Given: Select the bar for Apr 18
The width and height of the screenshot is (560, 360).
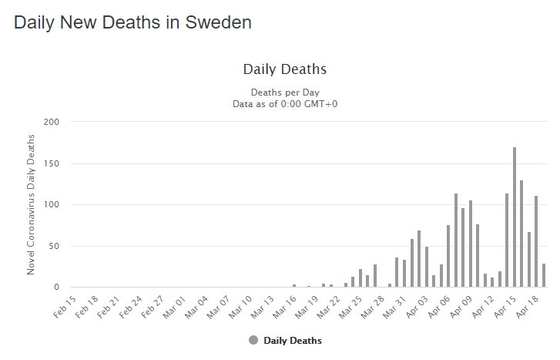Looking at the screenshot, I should click(x=536, y=241).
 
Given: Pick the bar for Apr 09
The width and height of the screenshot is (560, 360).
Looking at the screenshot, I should click(x=471, y=244).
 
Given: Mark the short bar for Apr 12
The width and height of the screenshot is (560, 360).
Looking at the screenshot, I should click(x=492, y=282).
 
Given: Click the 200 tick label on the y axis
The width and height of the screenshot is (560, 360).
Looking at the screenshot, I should click(x=51, y=122).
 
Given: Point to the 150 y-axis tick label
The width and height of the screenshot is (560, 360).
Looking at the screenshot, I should click(x=51, y=163).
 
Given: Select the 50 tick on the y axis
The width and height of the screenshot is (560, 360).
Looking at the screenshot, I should click(x=53, y=246).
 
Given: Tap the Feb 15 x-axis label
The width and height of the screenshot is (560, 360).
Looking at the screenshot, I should click(x=65, y=305).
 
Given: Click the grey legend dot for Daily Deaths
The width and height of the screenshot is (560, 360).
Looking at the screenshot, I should click(x=253, y=340).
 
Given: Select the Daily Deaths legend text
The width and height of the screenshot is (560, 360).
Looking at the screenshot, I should click(x=293, y=340).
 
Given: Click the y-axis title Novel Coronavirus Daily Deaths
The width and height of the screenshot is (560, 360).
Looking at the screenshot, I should click(x=32, y=204).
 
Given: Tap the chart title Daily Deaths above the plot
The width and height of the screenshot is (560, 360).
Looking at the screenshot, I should click(x=285, y=69).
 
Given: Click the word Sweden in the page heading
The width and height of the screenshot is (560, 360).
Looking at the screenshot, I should click(x=219, y=22).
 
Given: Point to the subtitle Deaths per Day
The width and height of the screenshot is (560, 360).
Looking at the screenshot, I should click(x=285, y=92).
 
